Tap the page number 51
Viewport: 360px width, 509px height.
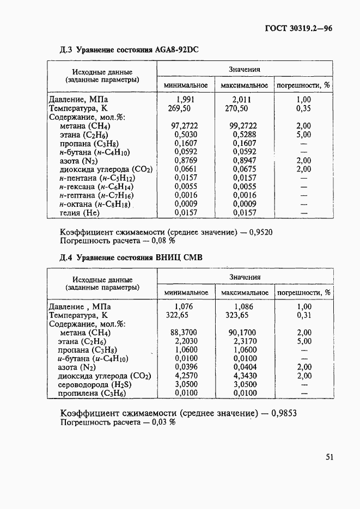[x=330, y=457]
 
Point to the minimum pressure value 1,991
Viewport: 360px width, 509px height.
[x=185, y=100]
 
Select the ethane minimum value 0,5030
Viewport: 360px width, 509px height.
[x=185, y=134]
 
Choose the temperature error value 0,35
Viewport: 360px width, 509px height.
[x=304, y=108]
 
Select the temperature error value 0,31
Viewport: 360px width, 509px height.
[x=304, y=315]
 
